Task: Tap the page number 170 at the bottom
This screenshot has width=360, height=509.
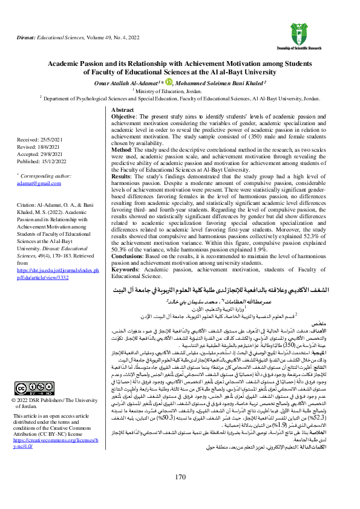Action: [180, 477]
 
